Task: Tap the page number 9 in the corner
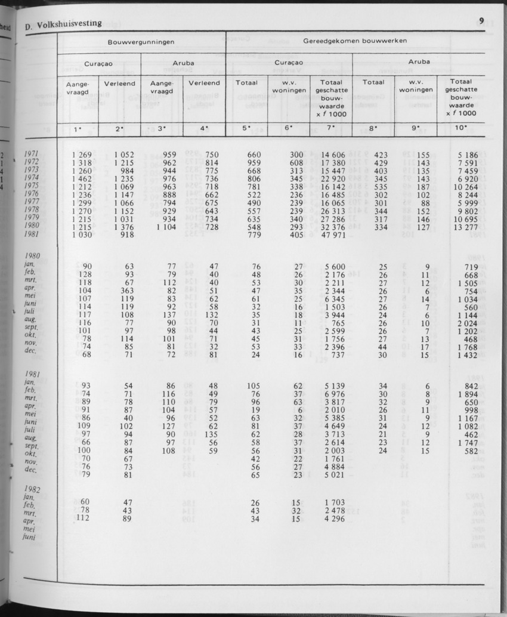pyautogui.click(x=481, y=21)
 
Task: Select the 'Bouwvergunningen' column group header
pyautogui.click(x=141, y=42)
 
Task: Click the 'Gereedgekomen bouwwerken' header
pyautogui.click(x=355, y=42)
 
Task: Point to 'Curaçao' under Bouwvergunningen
pyautogui.click(x=98, y=63)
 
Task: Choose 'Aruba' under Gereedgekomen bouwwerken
pyautogui.click(x=419, y=61)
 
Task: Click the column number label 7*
pyautogui.click(x=332, y=128)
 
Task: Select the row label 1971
pyautogui.click(x=31, y=155)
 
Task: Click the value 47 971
pyautogui.click(x=331, y=236)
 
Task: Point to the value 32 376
pyautogui.click(x=331, y=227)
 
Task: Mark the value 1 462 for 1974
pyautogui.click(x=81, y=178)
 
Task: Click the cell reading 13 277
pyautogui.click(x=463, y=227)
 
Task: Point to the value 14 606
pyautogui.click(x=332, y=155)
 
